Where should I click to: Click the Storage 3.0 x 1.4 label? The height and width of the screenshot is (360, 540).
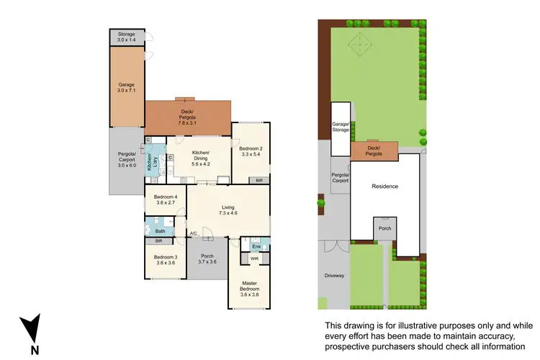(127, 36)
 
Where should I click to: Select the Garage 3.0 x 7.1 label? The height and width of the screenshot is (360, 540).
(127, 87)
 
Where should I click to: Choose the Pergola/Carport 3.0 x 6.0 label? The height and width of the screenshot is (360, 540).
(127, 159)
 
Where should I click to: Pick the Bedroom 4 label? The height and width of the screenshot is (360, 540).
(166, 199)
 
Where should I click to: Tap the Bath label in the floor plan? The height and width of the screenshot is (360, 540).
(161, 231)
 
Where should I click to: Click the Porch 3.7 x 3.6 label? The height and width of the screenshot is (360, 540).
(207, 258)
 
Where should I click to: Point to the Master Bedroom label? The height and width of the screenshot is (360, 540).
(248, 289)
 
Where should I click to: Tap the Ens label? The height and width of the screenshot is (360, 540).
(255, 246)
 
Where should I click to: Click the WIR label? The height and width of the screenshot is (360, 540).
(254, 258)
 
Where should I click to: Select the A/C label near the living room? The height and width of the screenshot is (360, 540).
(194, 233)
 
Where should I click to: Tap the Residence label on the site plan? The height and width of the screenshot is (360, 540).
(384, 186)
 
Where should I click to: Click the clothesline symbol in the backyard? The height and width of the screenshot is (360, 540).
(358, 47)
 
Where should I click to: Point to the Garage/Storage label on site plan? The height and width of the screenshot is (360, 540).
(341, 127)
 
